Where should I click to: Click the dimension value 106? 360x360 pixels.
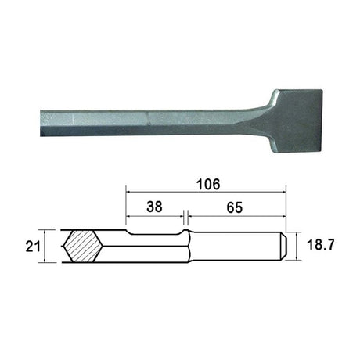pos(208,185)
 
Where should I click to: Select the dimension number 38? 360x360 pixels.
pos(154,207)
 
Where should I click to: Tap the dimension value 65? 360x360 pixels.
pos(235,208)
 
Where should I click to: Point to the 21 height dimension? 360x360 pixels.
pos(33,247)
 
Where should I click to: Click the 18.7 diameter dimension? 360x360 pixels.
pos(321,245)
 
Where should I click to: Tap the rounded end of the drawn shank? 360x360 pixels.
pos(284,245)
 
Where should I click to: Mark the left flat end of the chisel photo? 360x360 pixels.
pos(41,123)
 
